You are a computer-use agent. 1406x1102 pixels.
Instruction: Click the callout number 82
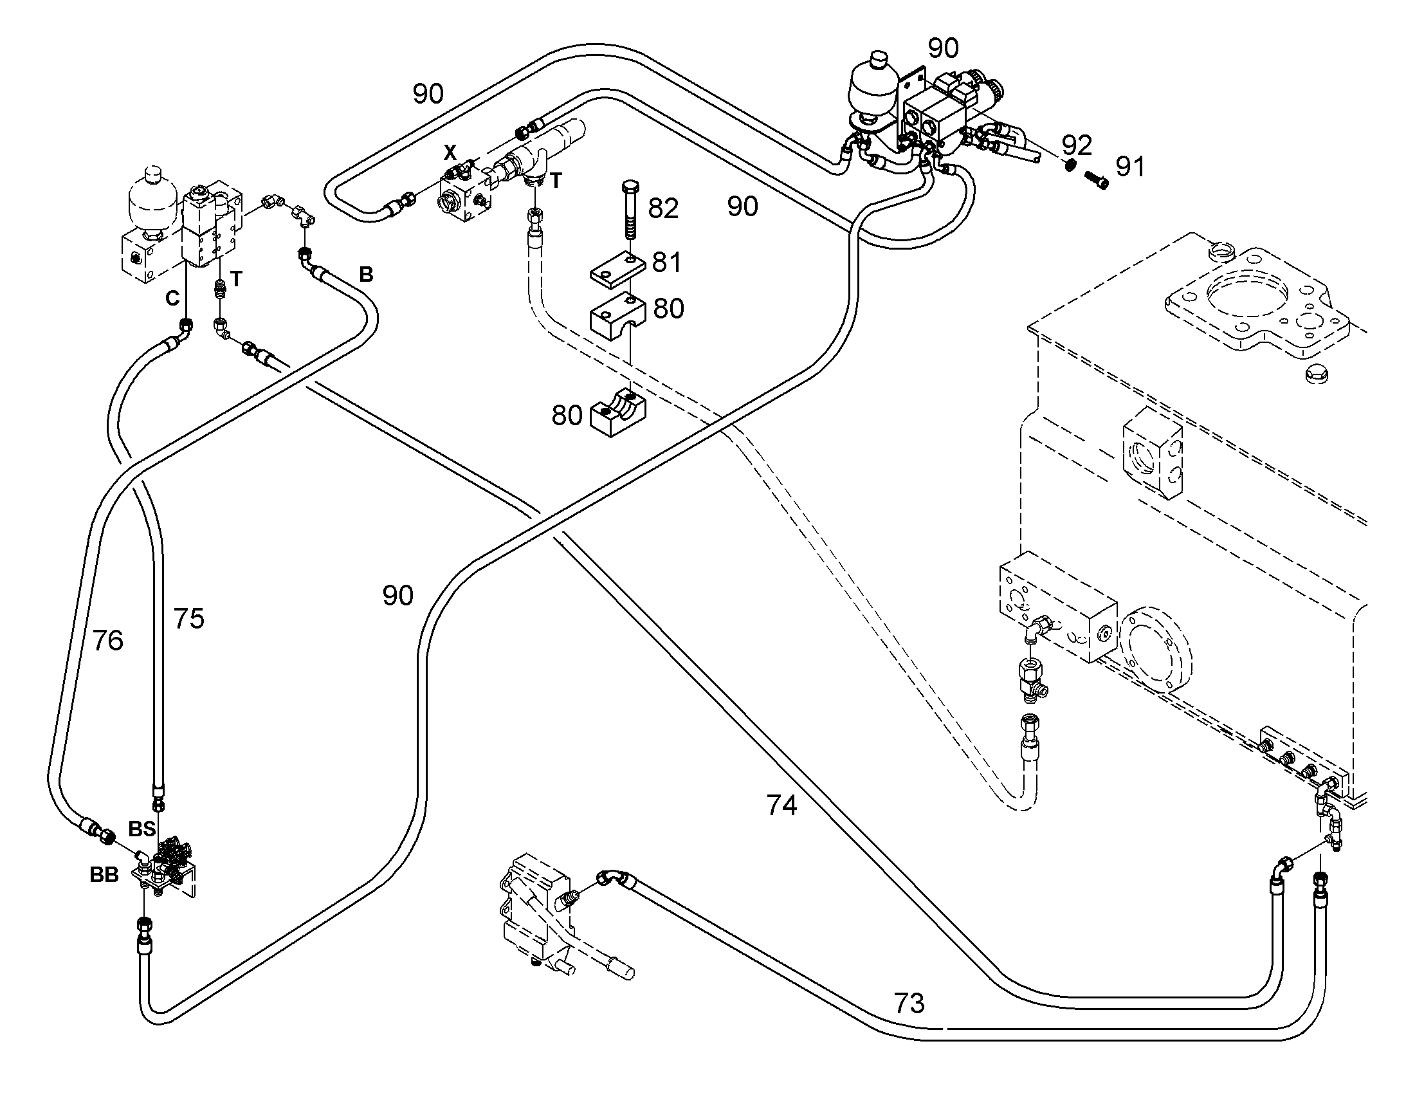pos(664,208)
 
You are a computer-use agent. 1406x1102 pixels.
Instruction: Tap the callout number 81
pos(666,262)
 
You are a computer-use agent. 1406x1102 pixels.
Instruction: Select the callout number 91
pos(1130,167)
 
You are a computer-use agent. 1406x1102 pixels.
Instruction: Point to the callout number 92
pos(1077,145)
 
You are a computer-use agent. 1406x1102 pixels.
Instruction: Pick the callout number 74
pos(781,806)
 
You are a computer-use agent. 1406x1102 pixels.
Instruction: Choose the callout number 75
pos(188,619)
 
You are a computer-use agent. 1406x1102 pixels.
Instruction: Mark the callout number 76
pos(107,641)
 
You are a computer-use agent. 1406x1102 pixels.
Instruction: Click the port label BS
pos(142,829)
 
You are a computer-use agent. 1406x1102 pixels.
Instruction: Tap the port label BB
pos(104,875)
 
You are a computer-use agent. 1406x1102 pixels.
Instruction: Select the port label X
pos(450,153)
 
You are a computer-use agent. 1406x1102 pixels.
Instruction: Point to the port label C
pos(172,298)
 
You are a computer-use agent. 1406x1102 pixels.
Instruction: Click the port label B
pos(366,275)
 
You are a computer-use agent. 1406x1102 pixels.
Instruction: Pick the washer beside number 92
pos(1068,165)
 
